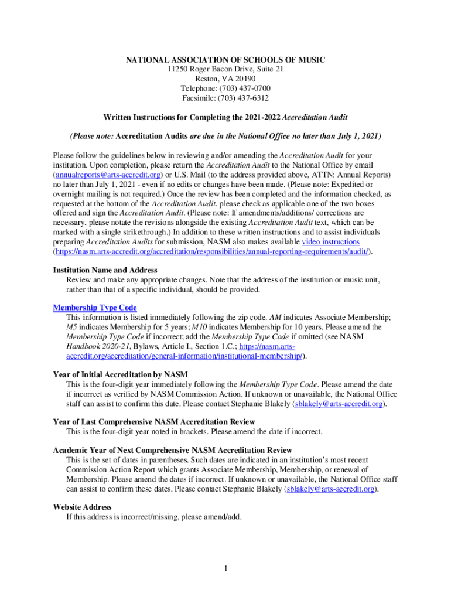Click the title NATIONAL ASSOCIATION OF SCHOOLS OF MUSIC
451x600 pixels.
coord(225,60)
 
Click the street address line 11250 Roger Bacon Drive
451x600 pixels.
coord(225,70)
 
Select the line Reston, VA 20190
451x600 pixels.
coord(225,79)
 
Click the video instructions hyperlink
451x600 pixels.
coord(330,241)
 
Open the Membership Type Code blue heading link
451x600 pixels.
coord(95,308)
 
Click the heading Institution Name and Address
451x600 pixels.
coord(105,270)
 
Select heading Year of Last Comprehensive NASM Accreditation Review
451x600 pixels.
coord(153,421)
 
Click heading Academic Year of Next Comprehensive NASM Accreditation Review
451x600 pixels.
coord(172,450)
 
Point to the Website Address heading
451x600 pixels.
coord(82,507)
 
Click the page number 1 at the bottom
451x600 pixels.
coord(225,568)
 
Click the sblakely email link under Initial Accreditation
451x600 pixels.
coord(339,404)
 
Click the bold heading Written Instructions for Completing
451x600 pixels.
coord(225,117)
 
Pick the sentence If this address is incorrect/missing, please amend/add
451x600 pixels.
coord(153,517)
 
